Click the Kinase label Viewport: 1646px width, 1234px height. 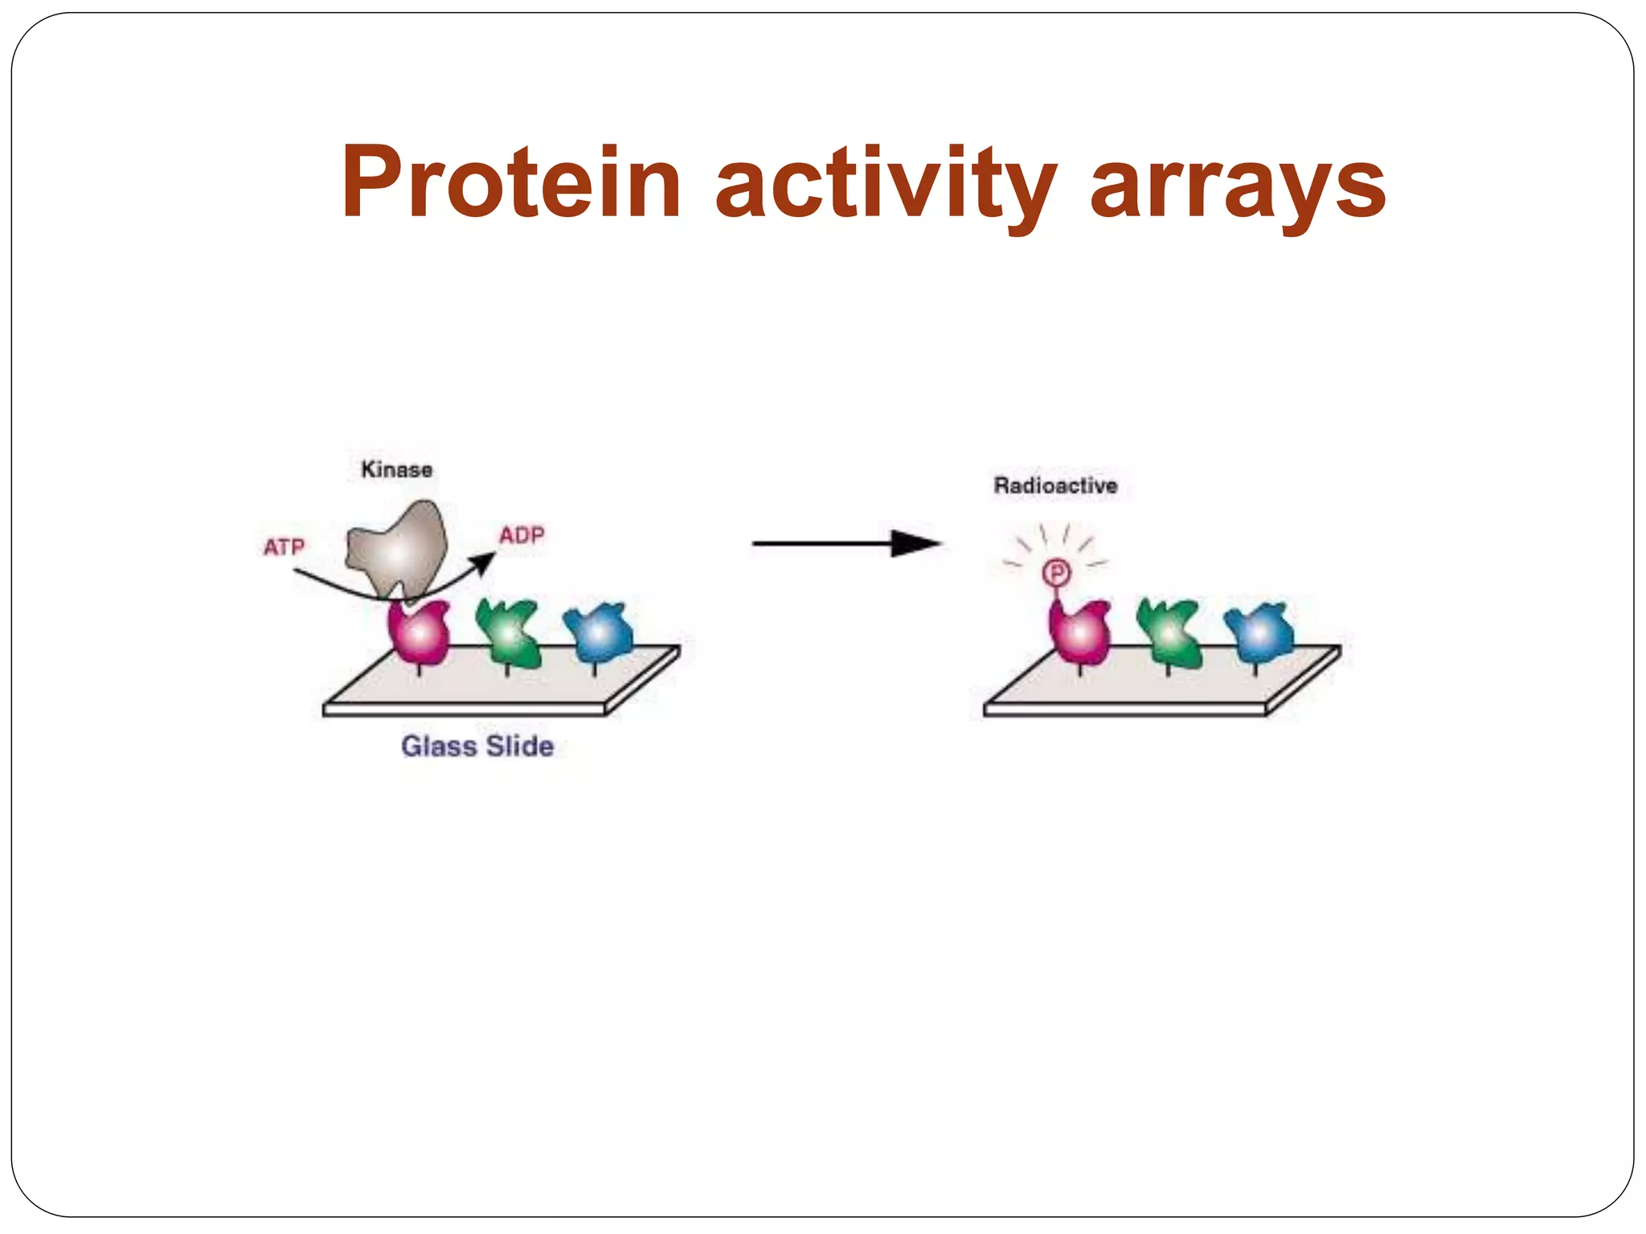396,470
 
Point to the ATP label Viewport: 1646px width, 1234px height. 284,547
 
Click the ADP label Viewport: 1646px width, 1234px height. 522,535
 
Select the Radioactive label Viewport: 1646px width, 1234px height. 1055,485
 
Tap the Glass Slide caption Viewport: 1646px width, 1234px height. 477,746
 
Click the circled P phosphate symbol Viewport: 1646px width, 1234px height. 1056,573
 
